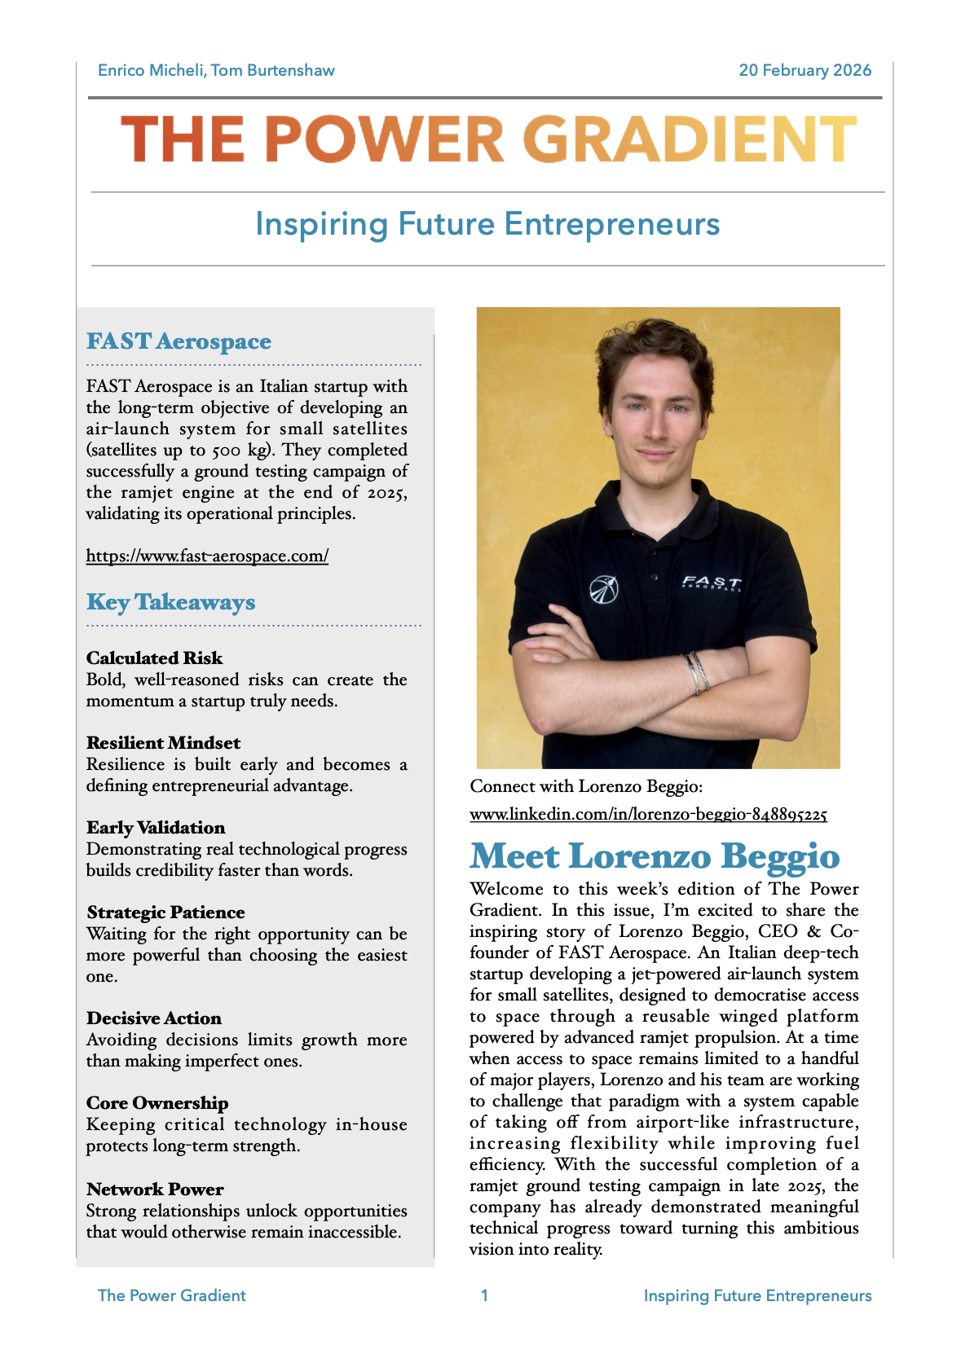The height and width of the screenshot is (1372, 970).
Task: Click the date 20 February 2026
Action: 805,71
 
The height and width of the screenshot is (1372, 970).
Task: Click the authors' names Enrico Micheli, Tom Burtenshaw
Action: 216,71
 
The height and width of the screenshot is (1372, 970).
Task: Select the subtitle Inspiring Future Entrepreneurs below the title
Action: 487,224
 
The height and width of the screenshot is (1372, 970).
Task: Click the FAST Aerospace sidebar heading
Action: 179,341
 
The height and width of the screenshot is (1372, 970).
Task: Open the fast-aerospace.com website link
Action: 207,556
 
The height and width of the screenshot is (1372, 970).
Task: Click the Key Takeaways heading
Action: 170,602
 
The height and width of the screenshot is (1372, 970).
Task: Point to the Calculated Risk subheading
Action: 154,658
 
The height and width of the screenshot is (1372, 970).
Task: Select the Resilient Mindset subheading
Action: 163,743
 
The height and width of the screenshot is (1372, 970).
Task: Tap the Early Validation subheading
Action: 156,828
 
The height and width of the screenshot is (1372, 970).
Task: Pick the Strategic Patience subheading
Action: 165,912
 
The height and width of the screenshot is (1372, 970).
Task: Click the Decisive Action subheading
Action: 153,1018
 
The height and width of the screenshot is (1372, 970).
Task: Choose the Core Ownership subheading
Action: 157,1103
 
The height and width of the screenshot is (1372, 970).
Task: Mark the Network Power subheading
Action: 155,1190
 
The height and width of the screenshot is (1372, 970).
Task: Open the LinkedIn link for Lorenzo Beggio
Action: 648,814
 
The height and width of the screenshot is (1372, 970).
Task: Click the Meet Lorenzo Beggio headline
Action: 655,856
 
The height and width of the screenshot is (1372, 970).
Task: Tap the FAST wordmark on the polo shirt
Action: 711,583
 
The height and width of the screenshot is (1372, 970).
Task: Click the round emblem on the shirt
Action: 603,589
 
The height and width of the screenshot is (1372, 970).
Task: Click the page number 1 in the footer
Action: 484,1295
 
